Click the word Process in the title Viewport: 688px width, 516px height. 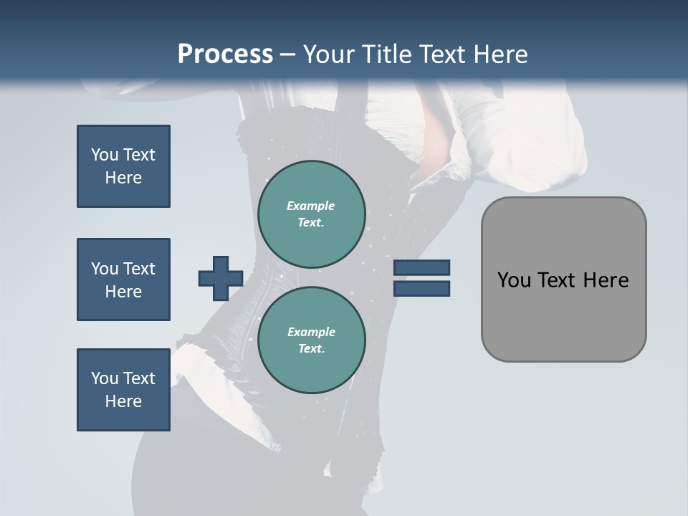coord(225,54)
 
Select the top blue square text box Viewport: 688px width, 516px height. coord(123,166)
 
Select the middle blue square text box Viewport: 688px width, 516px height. coord(123,279)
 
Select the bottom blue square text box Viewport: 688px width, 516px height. coord(123,390)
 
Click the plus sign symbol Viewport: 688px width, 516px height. coord(221,279)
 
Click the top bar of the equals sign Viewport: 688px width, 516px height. coord(421,268)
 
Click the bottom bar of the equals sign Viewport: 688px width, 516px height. coord(421,289)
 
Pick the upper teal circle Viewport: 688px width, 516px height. coord(311,214)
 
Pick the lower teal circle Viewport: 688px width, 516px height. coord(311,340)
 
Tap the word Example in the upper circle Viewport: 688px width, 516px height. coord(311,206)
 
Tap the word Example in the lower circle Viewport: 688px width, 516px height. coord(311,332)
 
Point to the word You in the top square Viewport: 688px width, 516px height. coord(104,155)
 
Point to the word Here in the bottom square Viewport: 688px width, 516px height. coord(123,401)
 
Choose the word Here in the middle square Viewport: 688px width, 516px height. coord(123,292)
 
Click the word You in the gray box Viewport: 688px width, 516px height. coord(514,280)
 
